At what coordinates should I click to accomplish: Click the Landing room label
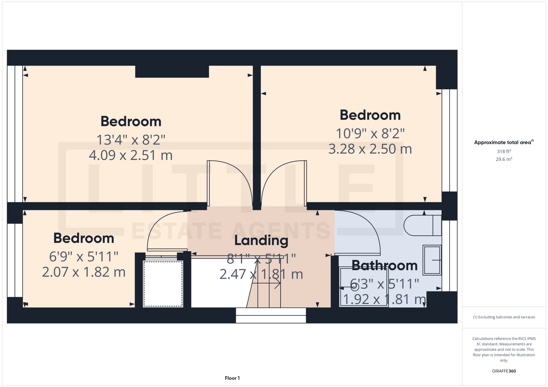[x=261, y=241]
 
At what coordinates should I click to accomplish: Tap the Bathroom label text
[x=384, y=265]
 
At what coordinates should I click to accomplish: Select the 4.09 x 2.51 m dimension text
[x=131, y=155]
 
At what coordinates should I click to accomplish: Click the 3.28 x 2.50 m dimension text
[x=370, y=149]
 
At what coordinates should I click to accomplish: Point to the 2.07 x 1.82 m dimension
[x=84, y=272]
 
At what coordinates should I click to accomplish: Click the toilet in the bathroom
[x=422, y=225]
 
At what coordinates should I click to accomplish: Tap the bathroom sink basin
[x=432, y=260]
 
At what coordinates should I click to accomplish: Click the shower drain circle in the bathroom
[x=355, y=287]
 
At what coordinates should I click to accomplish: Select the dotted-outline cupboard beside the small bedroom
[x=163, y=284]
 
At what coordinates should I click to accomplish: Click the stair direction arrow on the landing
[x=266, y=283]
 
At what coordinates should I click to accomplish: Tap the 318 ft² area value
[x=504, y=151]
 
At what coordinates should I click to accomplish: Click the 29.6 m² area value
[x=504, y=159]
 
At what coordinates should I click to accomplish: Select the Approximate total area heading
[x=504, y=142]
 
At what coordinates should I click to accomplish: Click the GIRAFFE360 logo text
[x=504, y=371]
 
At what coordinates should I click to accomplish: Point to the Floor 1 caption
[x=232, y=378]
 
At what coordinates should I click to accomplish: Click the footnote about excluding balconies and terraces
[x=504, y=317]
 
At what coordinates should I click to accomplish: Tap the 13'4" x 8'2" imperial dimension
[x=131, y=140]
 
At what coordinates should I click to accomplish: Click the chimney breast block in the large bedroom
[x=172, y=72]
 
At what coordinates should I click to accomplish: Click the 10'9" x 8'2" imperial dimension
[x=370, y=133]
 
